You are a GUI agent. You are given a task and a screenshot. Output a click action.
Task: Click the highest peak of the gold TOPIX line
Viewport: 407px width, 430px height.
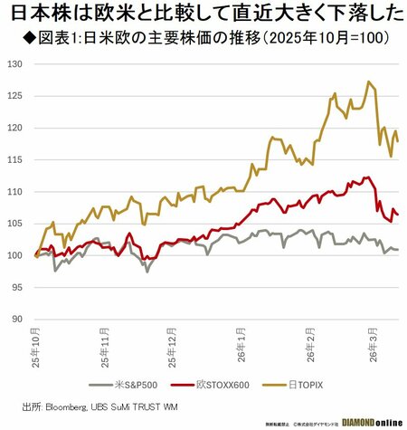pos(368,81)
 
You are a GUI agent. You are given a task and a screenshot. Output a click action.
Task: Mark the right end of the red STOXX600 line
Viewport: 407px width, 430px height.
pos(398,215)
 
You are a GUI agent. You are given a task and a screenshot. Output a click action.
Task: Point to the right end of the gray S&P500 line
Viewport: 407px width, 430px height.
pos(398,249)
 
